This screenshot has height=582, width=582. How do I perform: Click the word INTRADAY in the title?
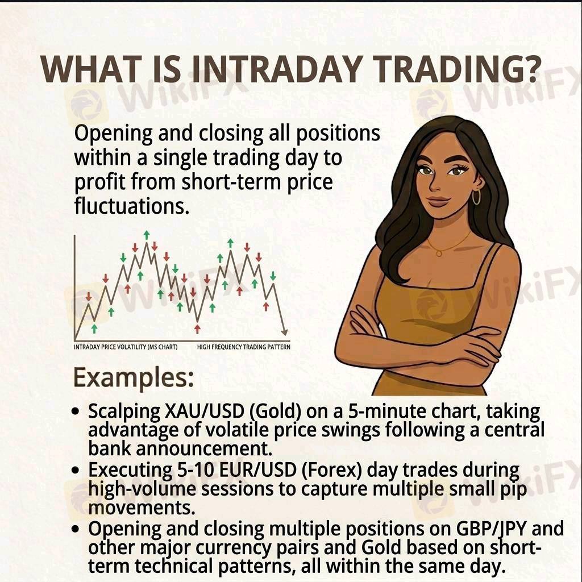(x=276, y=69)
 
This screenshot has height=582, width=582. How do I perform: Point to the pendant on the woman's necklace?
(x=439, y=253)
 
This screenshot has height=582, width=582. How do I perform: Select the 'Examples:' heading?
(x=134, y=378)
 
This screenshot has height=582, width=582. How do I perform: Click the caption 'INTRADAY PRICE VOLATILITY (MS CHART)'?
(x=126, y=347)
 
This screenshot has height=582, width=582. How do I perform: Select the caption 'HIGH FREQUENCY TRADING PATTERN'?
(x=243, y=347)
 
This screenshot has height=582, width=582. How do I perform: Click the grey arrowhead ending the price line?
(x=284, y=331)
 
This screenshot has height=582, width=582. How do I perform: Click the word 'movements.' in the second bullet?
(x=142, y=508)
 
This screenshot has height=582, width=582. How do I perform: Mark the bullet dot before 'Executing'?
(x=76, y=471)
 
